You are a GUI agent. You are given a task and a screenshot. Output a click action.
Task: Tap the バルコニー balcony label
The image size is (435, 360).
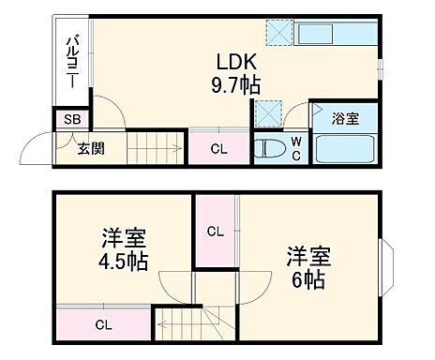point(70,57)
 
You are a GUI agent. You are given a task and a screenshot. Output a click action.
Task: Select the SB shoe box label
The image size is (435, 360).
point(71,119)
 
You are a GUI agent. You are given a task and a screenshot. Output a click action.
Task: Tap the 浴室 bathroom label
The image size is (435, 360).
point(347,118)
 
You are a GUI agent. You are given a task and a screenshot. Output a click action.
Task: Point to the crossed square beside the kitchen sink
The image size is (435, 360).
point(278,32)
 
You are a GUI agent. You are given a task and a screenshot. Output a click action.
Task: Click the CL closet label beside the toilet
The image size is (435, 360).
point(217,147)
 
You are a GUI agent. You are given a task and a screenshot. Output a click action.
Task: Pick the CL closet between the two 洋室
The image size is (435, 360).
point(215,231)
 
